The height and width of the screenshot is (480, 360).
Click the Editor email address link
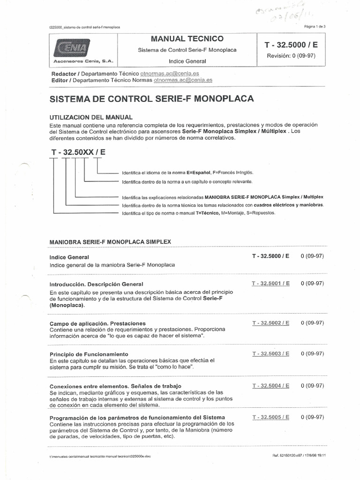[x=183, y=80]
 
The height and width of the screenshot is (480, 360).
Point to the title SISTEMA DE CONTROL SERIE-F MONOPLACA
[x=151, y=99]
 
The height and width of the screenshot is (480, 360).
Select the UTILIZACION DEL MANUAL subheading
[x=91, y=117]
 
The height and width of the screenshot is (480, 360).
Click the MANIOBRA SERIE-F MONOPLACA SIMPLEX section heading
[x=110, y=241]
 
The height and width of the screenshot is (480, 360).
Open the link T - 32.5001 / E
[x=270, y=284]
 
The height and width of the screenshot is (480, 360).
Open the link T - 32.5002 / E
[x=270, y=323]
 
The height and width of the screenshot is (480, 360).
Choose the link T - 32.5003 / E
[x=270, y=353]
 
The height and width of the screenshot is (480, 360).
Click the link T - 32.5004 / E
[x=270, y=386]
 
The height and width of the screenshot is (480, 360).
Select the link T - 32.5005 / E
[x=270, y=417]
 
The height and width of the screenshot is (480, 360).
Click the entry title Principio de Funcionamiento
[x=89, y=354]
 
